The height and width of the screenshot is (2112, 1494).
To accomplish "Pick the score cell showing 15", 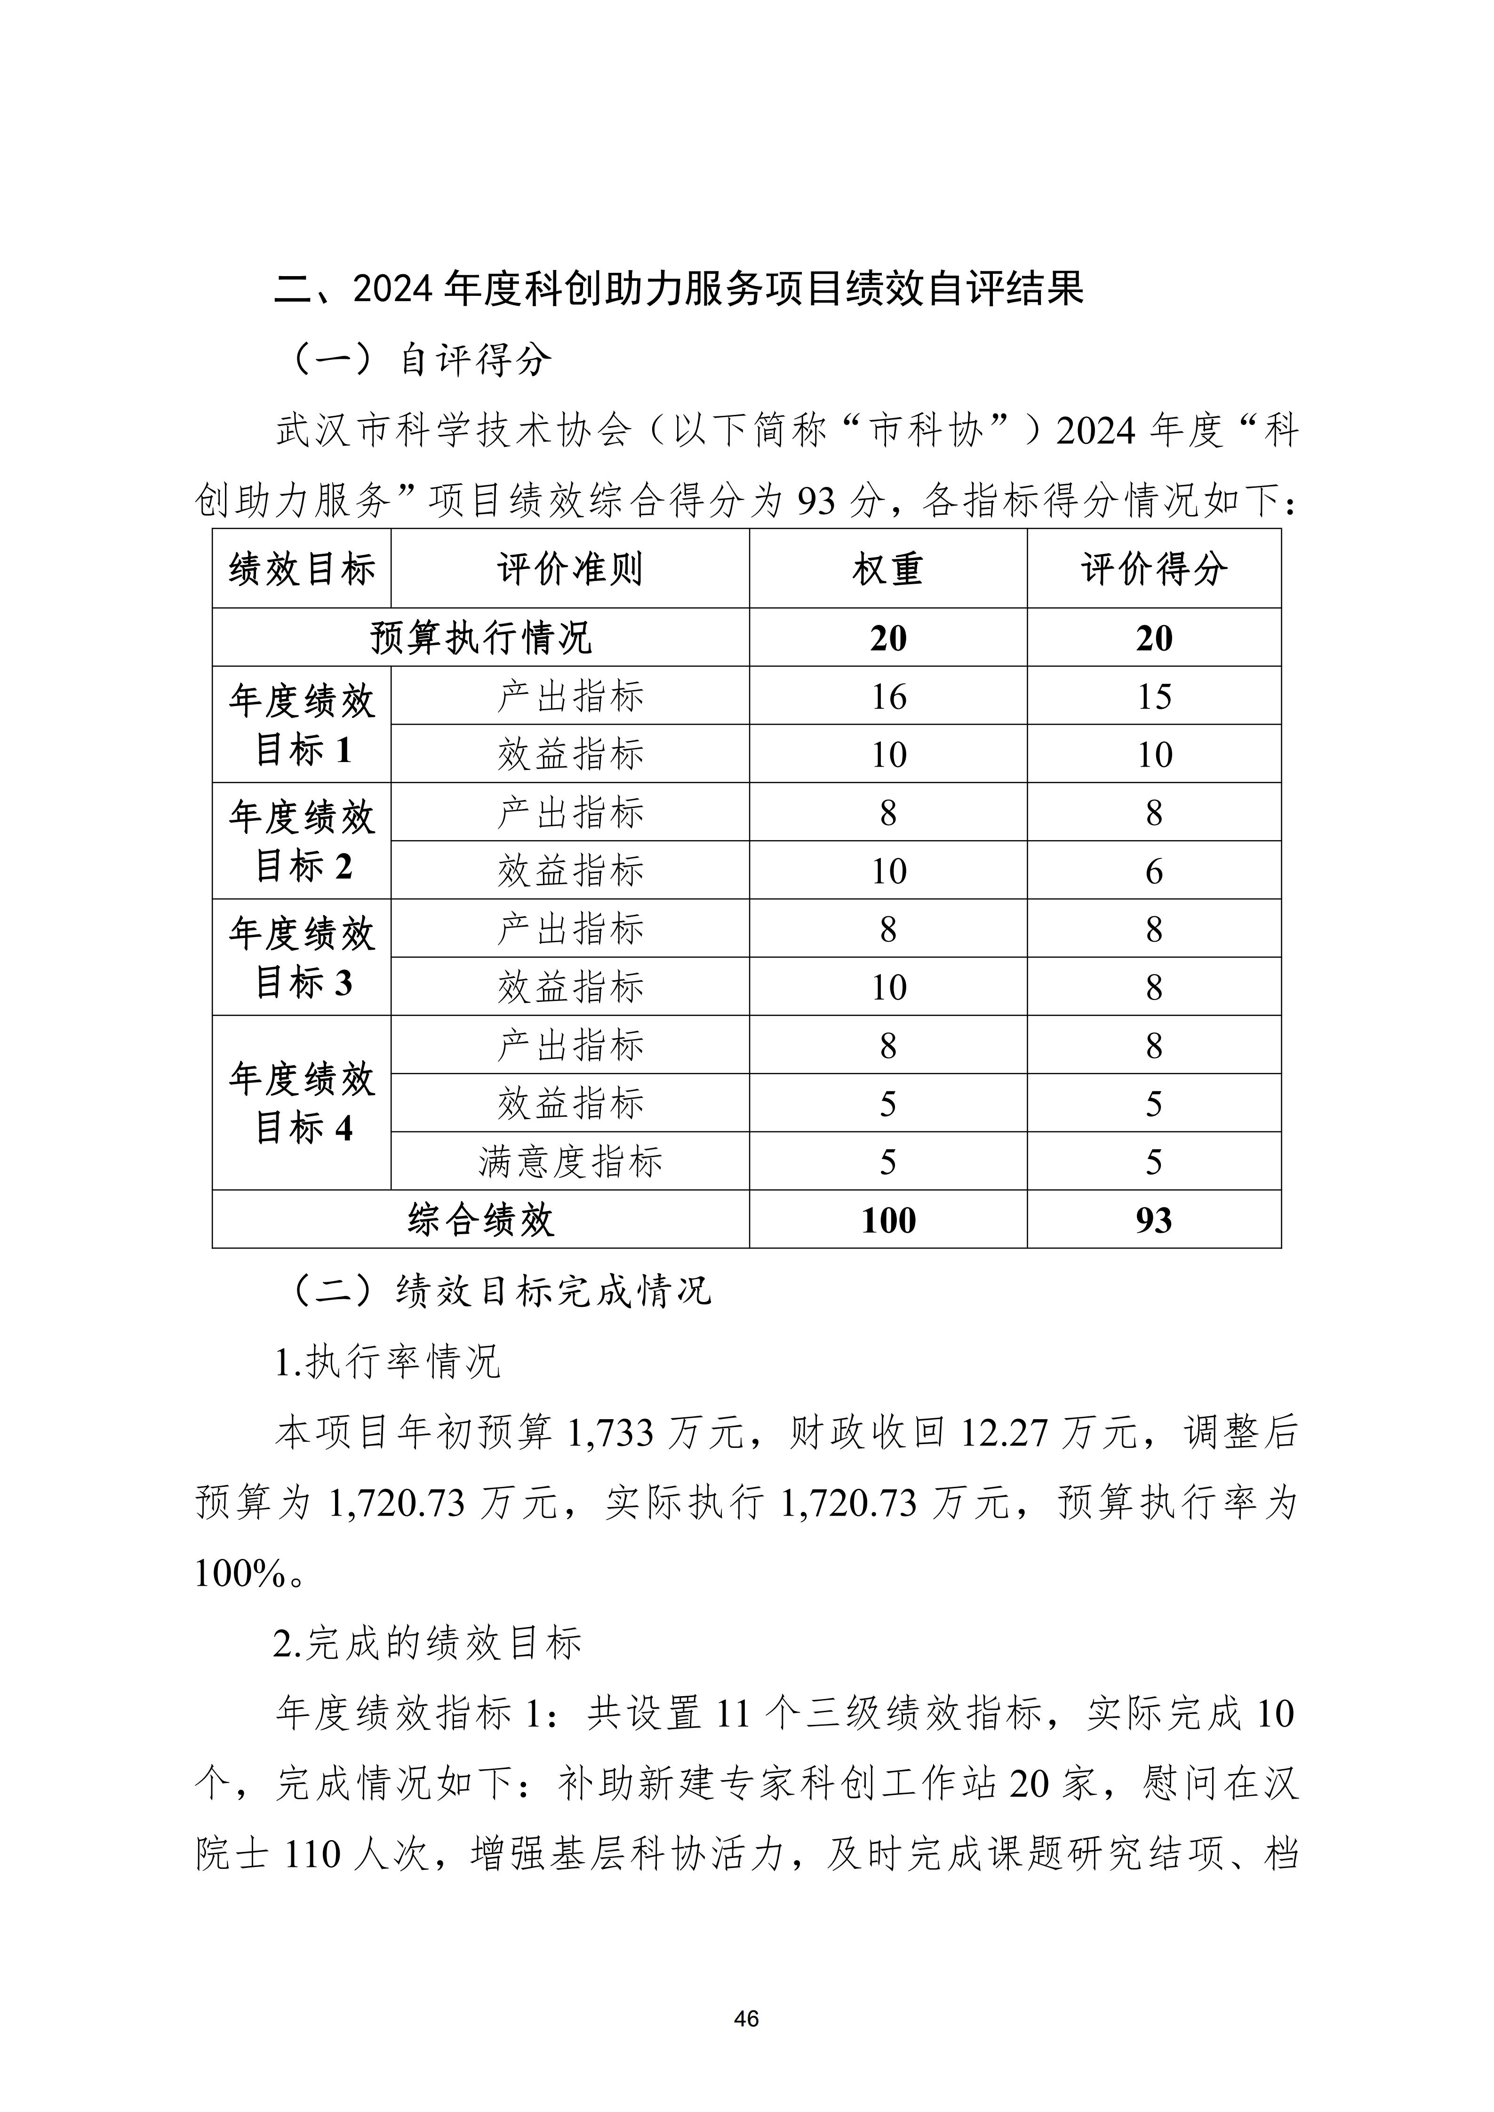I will pyautogui.click(x=1154, y=696).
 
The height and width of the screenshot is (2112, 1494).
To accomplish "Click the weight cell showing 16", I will pyautogui.click(x=888, y=696).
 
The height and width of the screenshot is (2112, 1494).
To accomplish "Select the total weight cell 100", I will pyautogui.click(x=888, y=1220).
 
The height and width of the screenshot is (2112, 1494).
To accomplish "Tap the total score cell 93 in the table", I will pyautogui.click(x=1154, y=1220).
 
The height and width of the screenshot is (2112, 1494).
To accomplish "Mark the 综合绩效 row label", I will pyautogui.click(x=480, y=1220).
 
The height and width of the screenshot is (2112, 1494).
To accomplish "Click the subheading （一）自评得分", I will pyautogui.click(x=421, y=360).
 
